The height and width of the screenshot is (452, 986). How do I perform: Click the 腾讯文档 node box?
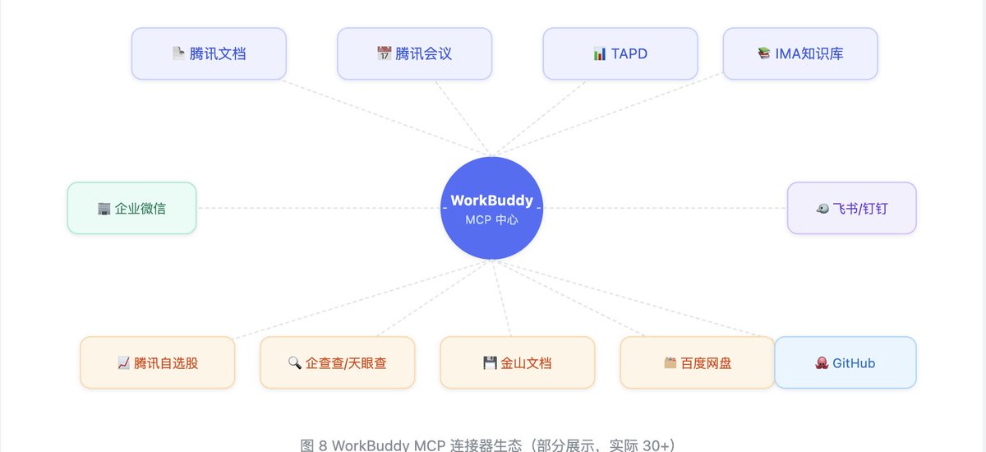pyautogui.click(x=209, y=53)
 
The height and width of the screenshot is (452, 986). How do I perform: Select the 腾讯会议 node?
pyautogui.click(x=414, y=53)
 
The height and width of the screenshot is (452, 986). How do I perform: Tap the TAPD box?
pyautogui.click(x=620, y=53)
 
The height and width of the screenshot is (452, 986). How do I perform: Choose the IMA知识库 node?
pyautogui.click(x=800, y=53)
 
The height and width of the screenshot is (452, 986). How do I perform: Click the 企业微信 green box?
pyautogui.click(x=131, y=208)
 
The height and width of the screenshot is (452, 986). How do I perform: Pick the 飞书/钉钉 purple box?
pyautogui.click(x=852, y=208)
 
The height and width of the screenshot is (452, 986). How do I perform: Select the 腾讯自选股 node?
pyautogui.click(x=157, y=362)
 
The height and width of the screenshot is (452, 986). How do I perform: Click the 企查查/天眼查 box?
pyautogui.click(x=337, y=362)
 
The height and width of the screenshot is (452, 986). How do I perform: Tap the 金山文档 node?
pyautogui.click(x=517, y=362)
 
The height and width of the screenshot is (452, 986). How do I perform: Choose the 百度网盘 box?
pyautogui.click(x=698, y=362)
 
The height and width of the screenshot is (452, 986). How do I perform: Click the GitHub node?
pyautogui.click(x=845, y=362)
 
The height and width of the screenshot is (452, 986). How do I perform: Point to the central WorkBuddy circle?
pyautogui.click(x=491, y=208)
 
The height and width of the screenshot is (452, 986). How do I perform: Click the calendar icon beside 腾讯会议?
pyautogui.click(x=385, y=53)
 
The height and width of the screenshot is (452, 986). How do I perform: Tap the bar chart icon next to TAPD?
pyautogui.click(x=600, y=53)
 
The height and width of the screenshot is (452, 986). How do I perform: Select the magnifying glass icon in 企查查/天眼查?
pyautogui.click(x=295, y=362)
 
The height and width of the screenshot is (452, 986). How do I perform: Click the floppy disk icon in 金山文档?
pyautogui.click(x=490, y=362)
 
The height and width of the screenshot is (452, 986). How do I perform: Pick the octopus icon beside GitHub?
pyautogui.click(x=822, y=362)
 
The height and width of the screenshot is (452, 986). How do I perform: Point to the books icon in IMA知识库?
pyautogui.click(x=764, y=53)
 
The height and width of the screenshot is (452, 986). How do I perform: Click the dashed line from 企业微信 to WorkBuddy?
pyautogui.click(x=318, y=208)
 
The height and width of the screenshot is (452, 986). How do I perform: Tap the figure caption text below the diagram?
pyautogui.click(x=488, y=445)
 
